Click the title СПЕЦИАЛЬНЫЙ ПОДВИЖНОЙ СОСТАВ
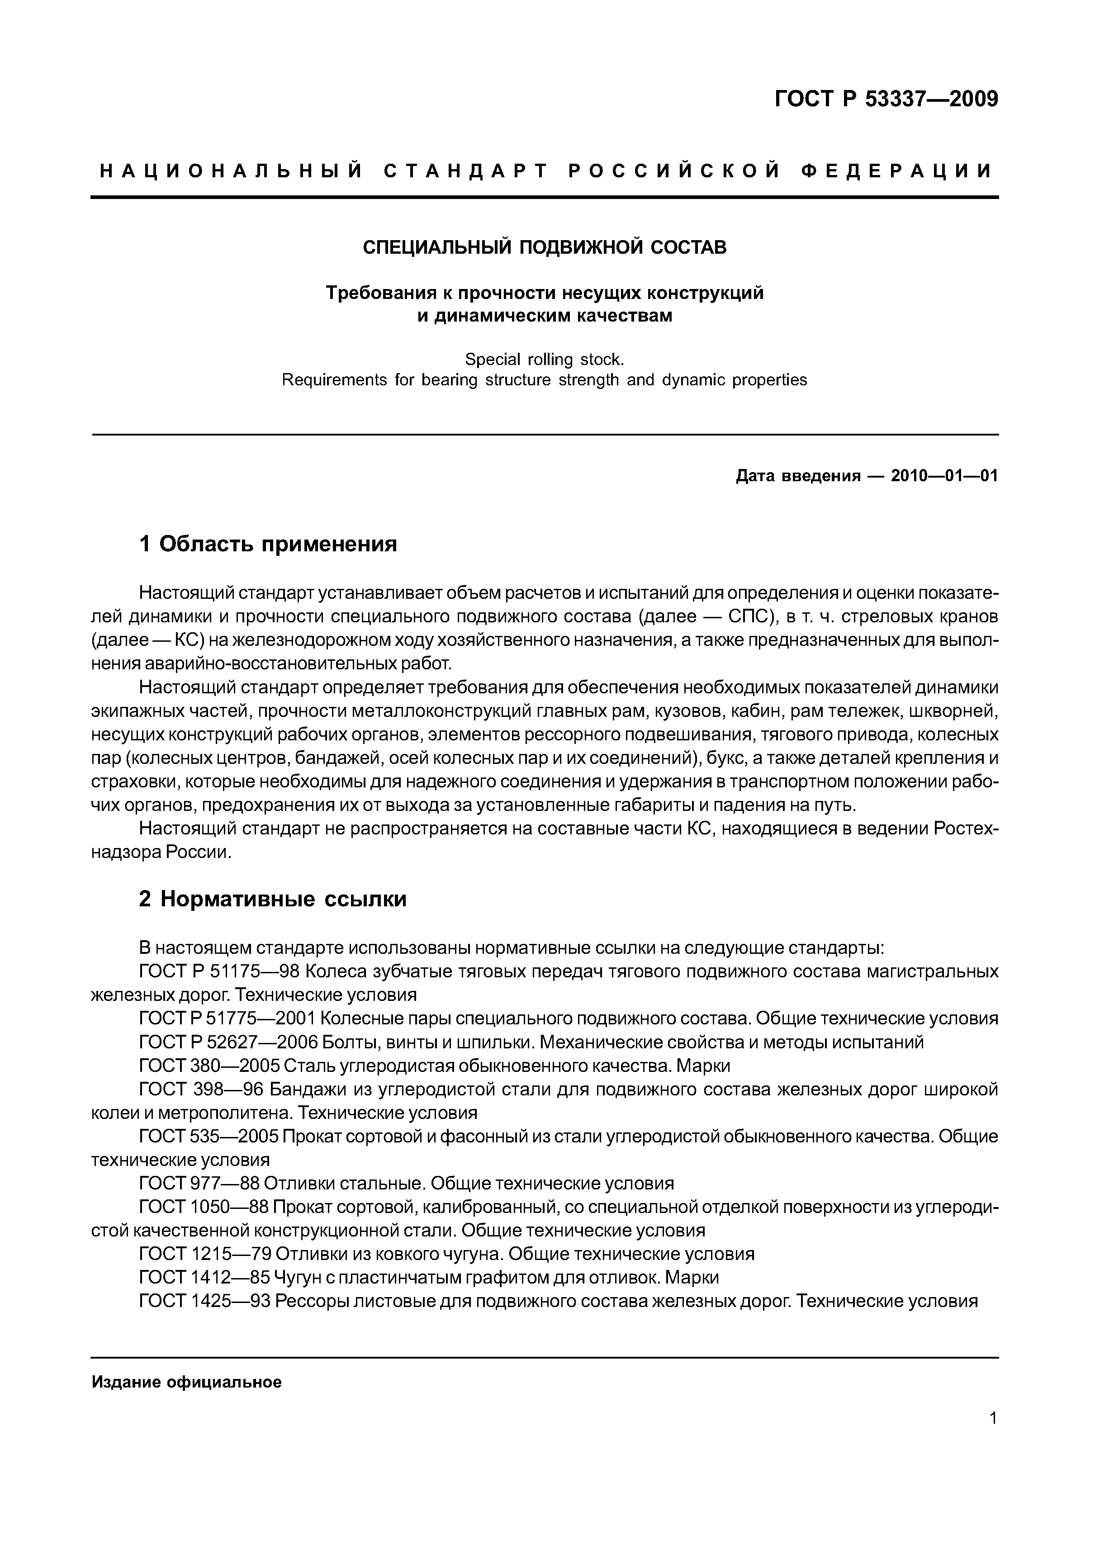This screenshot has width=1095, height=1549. (x=545, y=247)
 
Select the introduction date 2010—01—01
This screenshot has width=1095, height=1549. (x=944, y=476)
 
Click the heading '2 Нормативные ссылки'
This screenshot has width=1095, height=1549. (x=273, y=899)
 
